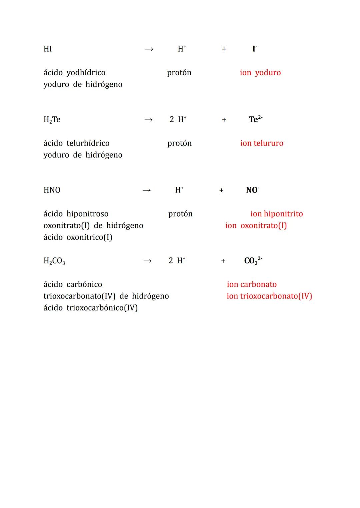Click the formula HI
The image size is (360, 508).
48,49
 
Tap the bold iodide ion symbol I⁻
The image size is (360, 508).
254,49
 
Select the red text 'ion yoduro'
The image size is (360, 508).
260,73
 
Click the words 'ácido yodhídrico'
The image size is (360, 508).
74,73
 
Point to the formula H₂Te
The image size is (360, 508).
52,120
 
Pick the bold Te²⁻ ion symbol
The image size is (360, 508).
255,119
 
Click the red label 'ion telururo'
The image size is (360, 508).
262,143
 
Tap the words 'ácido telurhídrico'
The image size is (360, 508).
76,143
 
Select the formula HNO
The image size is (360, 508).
52,190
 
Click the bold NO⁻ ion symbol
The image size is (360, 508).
252,190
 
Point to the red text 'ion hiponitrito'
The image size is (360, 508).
276,214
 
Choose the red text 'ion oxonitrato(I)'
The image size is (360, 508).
256,226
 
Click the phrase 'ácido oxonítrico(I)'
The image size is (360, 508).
78,237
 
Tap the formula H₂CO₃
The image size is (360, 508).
54,261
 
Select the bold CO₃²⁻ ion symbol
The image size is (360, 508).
253,260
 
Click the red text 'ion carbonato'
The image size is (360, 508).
252,284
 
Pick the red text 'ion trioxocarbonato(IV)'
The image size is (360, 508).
269,296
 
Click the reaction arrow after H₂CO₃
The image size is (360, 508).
147,261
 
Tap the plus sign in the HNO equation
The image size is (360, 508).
221,190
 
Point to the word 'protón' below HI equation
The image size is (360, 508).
179,73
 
